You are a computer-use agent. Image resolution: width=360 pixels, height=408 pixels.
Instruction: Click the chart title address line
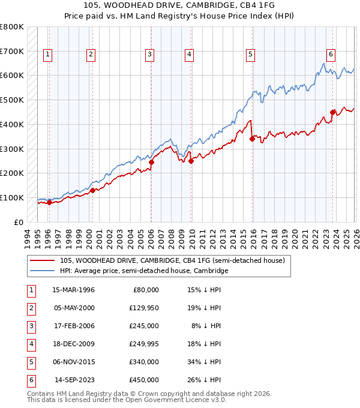click(x=180, y=5)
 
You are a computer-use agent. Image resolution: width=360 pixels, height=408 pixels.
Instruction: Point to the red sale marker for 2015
click(x=252, y=139)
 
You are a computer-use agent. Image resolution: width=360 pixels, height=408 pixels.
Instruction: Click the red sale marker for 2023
click(x=332, y=112)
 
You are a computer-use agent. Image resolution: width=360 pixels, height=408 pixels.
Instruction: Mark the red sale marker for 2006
click(x=152, y=162)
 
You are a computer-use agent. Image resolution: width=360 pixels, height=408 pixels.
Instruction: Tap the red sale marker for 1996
click(x=49, y=202)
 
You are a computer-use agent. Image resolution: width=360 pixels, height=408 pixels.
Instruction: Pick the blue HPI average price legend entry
click(x=144, y=271)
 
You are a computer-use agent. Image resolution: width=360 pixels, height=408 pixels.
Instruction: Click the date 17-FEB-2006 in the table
click(x=74, y=326)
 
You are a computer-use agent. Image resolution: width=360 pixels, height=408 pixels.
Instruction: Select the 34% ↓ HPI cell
click(x=203, y=362)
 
